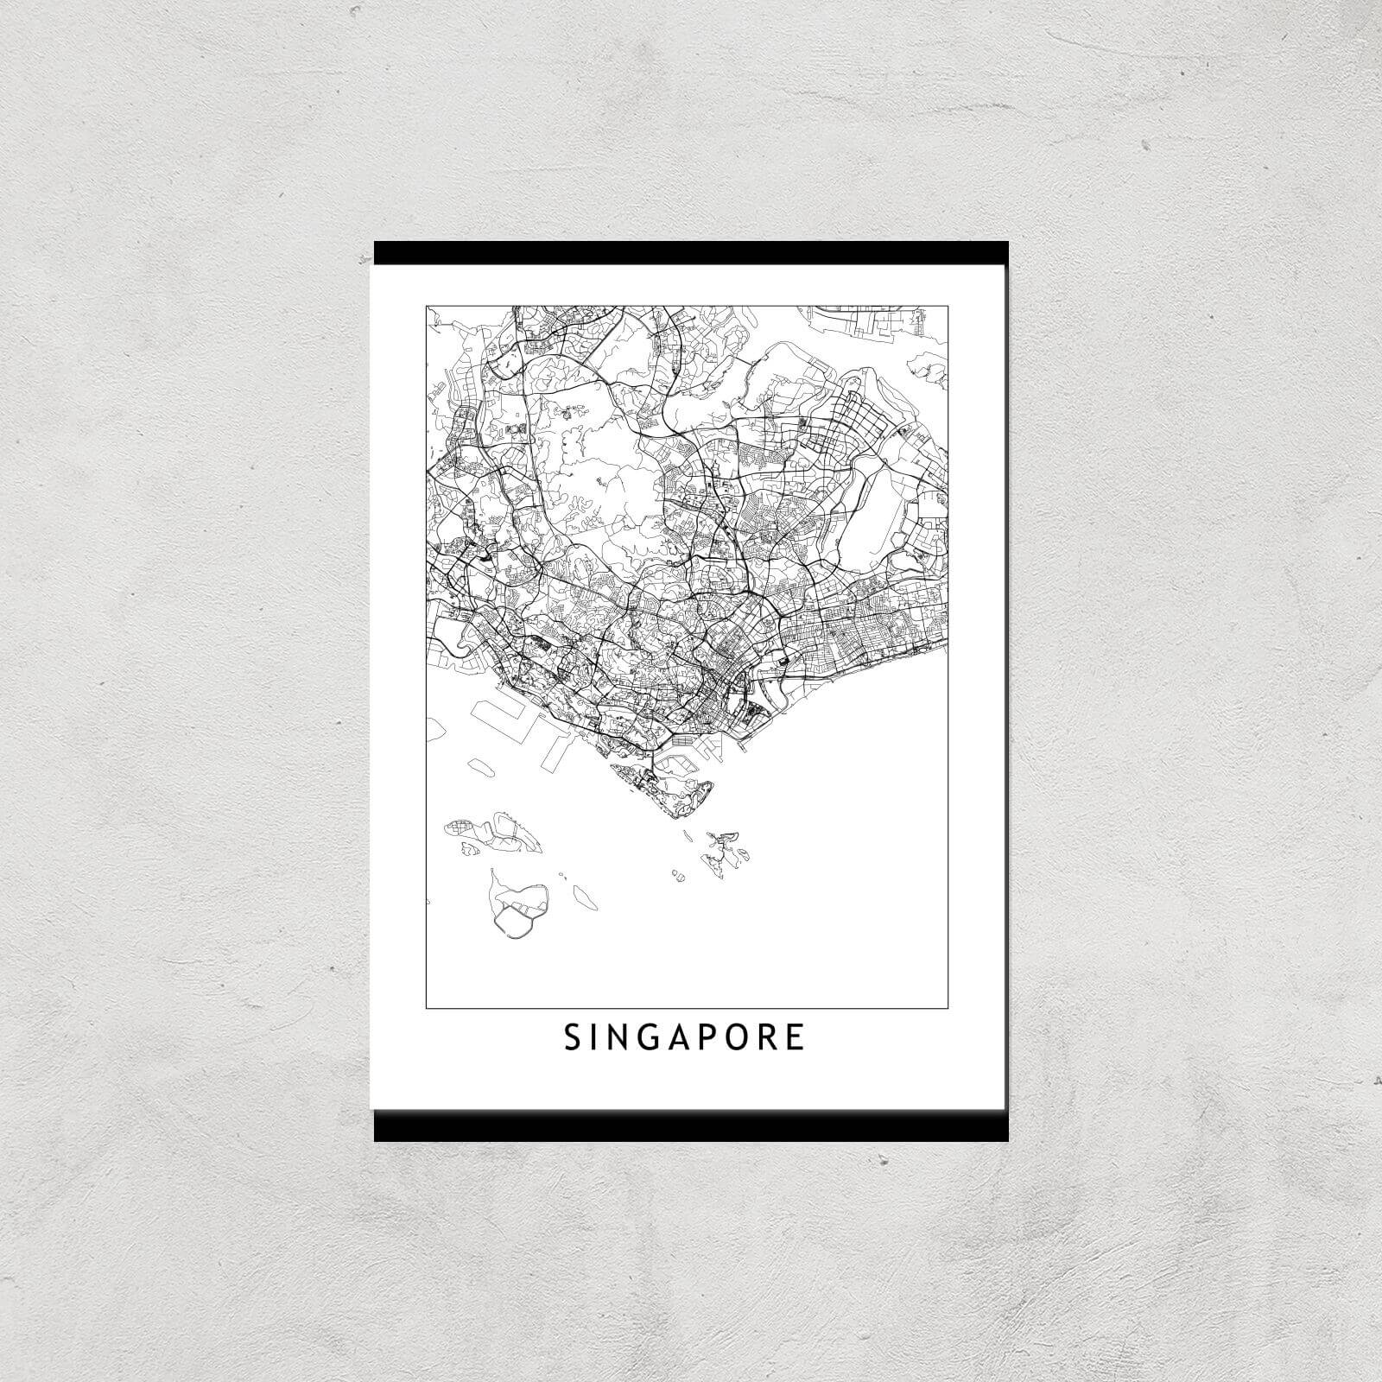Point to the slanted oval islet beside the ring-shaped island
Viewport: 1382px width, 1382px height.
[586, 898]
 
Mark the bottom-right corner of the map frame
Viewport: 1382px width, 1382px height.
[948, 1007]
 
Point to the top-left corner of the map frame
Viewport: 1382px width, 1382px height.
[427, 305]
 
